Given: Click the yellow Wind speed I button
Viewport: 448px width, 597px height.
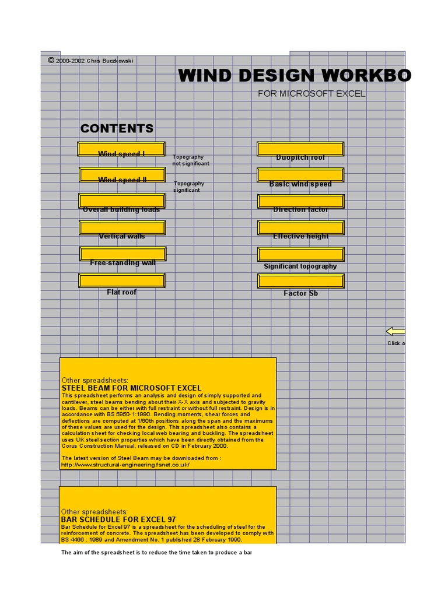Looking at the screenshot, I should (x=121, y=149).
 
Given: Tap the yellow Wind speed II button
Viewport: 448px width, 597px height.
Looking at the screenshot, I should (x=122, y=174).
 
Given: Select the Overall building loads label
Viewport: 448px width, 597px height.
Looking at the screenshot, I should (x=121, y=210).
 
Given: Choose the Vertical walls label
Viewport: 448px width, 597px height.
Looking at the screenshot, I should (x=122, y=236).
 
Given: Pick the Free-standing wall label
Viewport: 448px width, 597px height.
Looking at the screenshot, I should (x=123, y=263).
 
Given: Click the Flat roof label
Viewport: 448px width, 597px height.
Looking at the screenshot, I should (x=122, y=292).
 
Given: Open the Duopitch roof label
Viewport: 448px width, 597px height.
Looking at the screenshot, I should (x=300, y=158).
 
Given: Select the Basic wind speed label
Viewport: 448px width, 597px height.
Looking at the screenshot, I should (x=300, y=184).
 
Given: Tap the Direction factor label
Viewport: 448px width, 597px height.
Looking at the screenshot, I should (x=300, y=210).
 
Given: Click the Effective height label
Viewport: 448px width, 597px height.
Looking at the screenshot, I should (x=300, y=236).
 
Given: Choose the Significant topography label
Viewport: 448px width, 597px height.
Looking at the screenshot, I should (x=300, y=266).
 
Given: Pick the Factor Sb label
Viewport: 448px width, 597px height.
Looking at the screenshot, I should (x=300, y=293).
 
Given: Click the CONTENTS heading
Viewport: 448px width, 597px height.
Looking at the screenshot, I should (x=117, y=129).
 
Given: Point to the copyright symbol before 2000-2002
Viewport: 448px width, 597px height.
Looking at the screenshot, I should (x=51, y=60).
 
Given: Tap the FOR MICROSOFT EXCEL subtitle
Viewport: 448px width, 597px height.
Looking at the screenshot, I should (x=312, y=93).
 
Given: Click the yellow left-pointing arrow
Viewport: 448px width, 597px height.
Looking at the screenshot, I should (x=395, y=331).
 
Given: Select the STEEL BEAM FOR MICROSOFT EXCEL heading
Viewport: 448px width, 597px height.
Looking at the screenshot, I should (x=131, y=388).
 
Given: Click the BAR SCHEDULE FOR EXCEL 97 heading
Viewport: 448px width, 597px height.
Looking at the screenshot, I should (x=118, y=519).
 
